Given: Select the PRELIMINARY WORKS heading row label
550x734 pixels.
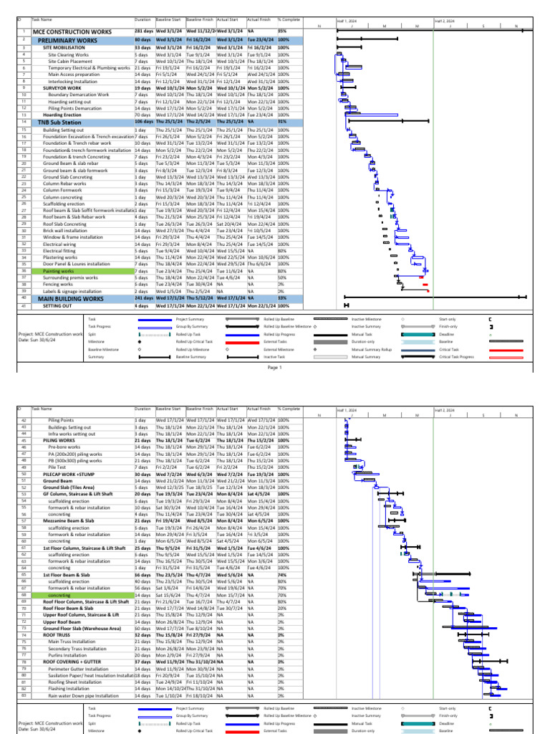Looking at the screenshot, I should click(68, 41).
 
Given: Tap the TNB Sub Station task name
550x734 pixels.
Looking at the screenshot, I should click(60, 123).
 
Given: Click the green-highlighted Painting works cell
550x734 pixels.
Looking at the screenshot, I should click(59, 272).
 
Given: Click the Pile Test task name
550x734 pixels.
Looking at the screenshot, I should click(57, 467).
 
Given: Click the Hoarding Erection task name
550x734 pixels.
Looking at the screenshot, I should click(62, 115).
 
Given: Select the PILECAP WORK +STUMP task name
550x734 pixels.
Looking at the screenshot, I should click(69, 474).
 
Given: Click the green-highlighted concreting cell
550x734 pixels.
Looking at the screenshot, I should click(60, 594).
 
